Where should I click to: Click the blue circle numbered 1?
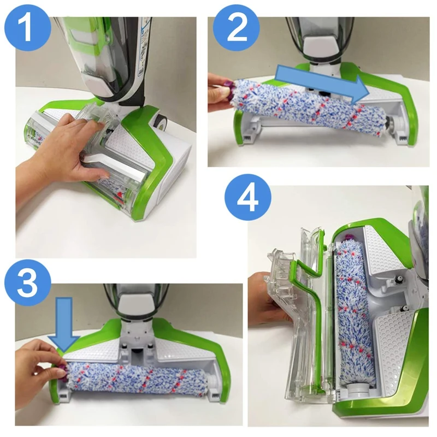pyautogui.click(x=27, y=28)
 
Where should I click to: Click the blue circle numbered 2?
pyautogui.click(x=237, y=28)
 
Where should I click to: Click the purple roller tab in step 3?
pyautogui.click(x=62, y=373)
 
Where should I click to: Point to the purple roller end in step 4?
pyautogui.click(x=347, y=238)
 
